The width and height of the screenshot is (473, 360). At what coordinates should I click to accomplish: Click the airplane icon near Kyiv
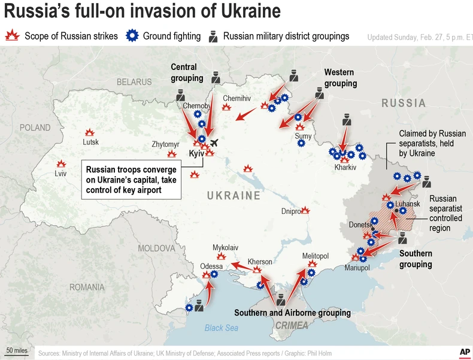[x=214, y=143]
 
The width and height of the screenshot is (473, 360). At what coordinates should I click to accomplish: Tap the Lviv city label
[x=60, y=174]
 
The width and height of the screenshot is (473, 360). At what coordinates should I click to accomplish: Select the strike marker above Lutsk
[x=90, y=132]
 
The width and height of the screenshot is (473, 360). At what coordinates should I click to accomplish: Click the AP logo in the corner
[x=464, y=352]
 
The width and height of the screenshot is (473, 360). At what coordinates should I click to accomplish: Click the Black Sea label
[x=221, y=328]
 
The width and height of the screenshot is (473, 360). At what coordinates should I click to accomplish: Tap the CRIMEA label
[x=292, y=325]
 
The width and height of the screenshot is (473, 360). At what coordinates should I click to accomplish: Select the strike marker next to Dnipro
[x=305, y=210]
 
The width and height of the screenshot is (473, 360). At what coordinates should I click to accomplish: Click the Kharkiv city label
[x=345, y=167]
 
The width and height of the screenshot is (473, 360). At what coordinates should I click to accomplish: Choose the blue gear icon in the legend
[x=132, y=36]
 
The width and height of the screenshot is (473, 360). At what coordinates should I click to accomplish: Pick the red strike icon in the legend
[x=12, y=36]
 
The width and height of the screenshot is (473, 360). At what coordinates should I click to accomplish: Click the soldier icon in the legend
[x=213, y=36]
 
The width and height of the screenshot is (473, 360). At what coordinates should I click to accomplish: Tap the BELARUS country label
[x=134, y=81]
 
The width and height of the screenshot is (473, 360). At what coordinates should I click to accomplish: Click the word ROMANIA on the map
[x=87, y=287]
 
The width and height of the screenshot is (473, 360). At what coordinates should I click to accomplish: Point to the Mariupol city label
[x=357, y=268]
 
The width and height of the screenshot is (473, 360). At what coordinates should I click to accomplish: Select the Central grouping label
[x=186, y=72]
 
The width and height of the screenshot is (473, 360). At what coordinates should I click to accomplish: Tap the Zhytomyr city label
[x=166, y=144]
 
